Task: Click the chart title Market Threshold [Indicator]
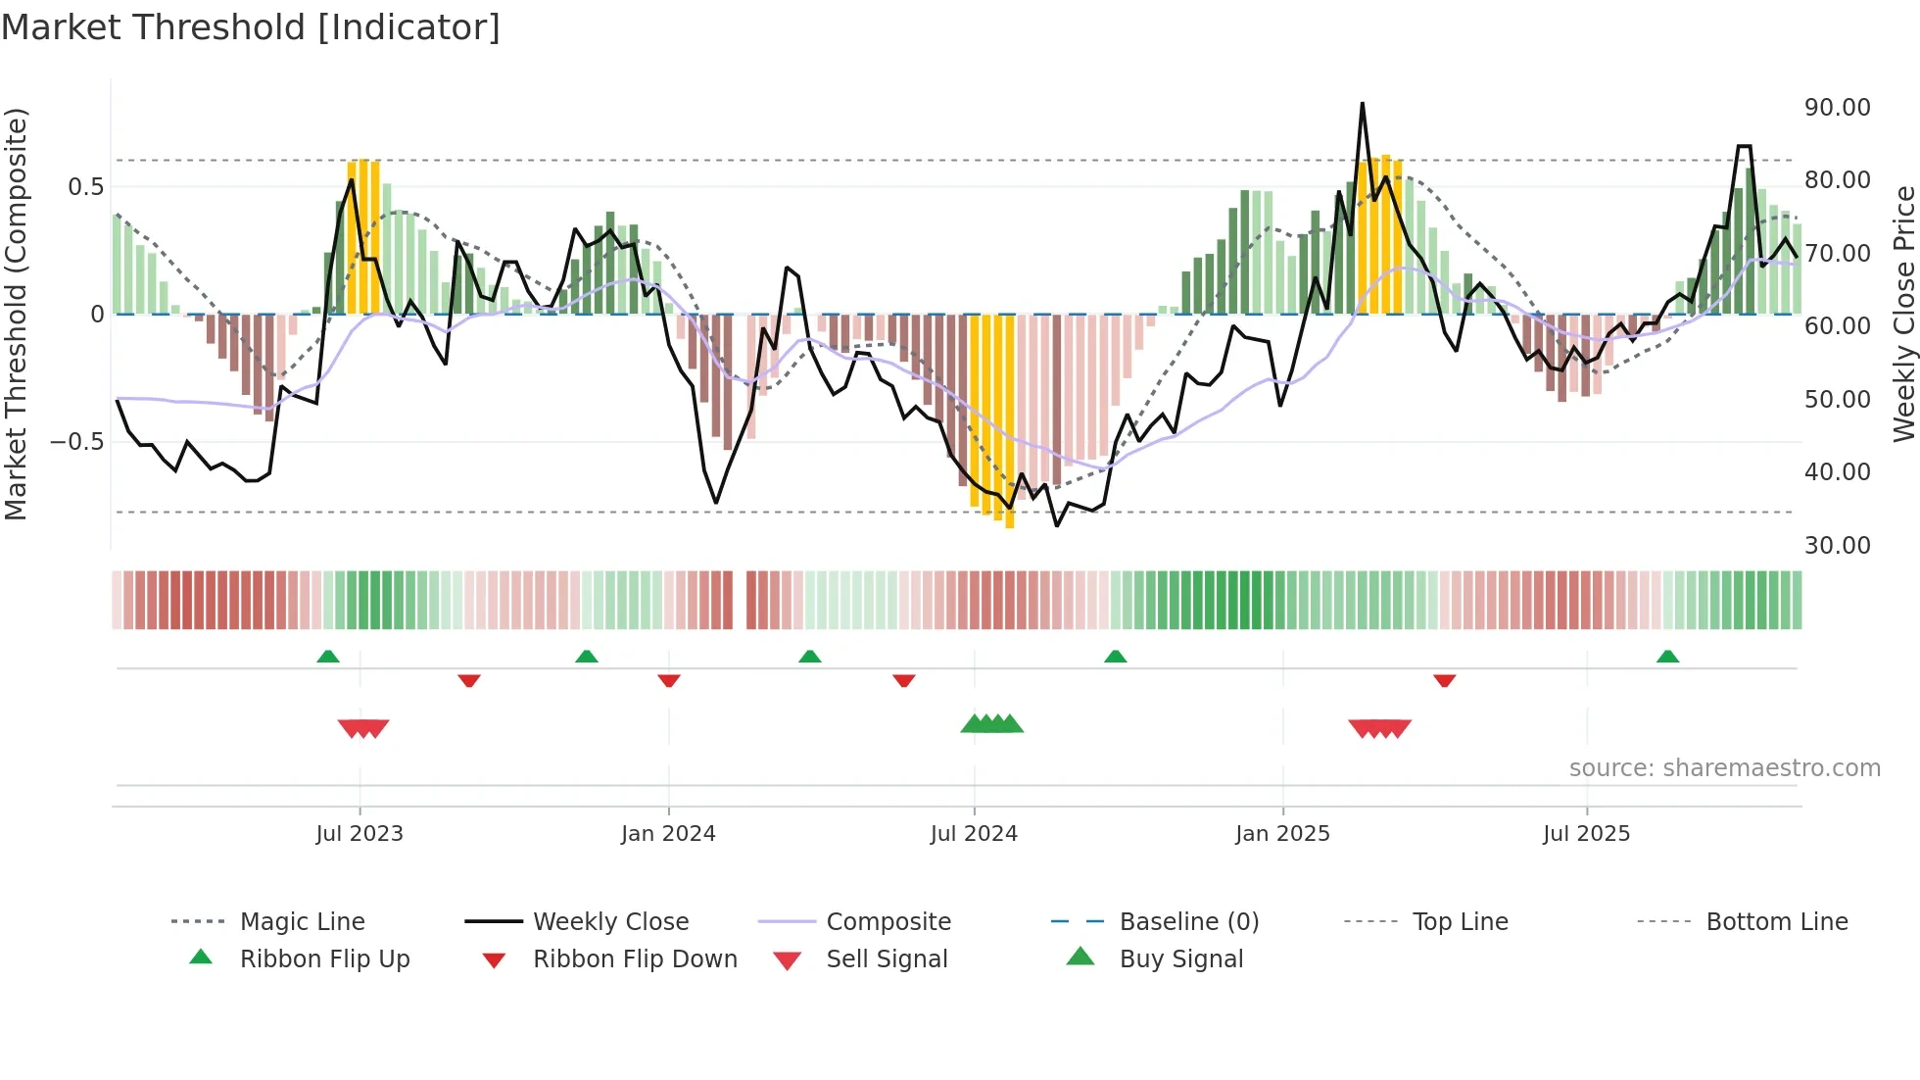pos(251,27)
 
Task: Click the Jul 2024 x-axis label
pos(974,834)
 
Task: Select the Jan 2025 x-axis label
pos(1282,834)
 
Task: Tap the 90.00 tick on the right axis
pos(1837,108)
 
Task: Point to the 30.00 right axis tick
pos(1837,546)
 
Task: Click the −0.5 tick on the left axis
pos(76,442)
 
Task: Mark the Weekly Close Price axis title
pos(1903,314)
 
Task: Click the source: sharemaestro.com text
pos(1724,768)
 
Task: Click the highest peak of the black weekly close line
pos(1362,104)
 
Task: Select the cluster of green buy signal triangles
pos(992,724)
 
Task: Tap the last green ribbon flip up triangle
pos(1667,657)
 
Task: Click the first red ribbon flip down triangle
pos(469,680)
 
